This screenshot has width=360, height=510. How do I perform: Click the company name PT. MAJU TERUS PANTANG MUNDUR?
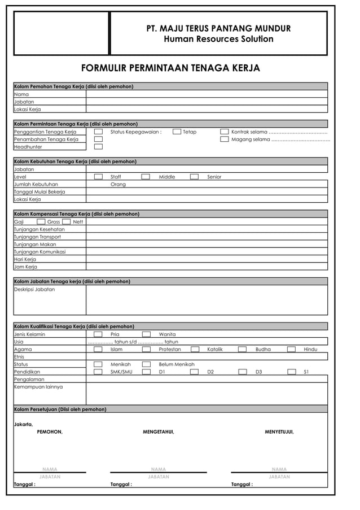[x=218, y=28]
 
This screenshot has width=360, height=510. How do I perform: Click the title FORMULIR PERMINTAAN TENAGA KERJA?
[x=170, y=68]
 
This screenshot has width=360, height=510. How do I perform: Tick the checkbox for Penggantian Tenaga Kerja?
[x=98, y=132]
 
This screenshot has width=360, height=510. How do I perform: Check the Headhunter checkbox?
[x=98, y=147]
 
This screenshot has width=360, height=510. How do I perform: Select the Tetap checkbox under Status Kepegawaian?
[x=177, y=132]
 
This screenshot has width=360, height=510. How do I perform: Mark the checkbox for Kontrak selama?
[x=225, y=132]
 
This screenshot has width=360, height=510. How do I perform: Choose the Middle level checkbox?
[x=146, y=177]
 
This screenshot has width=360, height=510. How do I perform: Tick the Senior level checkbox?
[x=194, y=177]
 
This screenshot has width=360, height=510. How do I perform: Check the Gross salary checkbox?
[x=41, y=222]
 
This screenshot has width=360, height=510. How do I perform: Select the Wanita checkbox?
[x=146, y=334]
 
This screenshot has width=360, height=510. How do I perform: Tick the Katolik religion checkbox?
[x=195, y=350]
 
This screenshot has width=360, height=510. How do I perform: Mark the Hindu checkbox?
[x=291, y=350]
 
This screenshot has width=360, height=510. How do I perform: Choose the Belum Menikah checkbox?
[x=146, y=364]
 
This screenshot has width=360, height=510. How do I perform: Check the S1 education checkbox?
[x=292, y=372]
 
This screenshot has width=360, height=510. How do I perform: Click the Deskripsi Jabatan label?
[x=34, y=289]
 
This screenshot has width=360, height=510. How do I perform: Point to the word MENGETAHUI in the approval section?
[x=159, y=432]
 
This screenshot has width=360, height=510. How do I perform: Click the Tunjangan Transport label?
[x=37, y=237]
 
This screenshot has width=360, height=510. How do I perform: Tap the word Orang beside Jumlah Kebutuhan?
[x=118, y=184]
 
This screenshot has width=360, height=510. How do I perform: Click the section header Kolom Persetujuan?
[x=60, y=409]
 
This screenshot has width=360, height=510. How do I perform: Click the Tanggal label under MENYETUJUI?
[x=242, y=485]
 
